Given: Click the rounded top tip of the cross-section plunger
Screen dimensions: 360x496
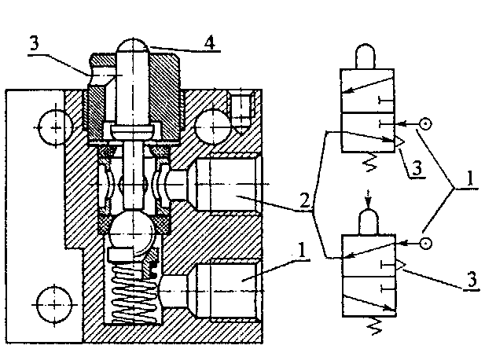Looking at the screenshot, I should [133, 46].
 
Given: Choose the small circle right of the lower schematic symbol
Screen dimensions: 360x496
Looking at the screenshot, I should [425, 242].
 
